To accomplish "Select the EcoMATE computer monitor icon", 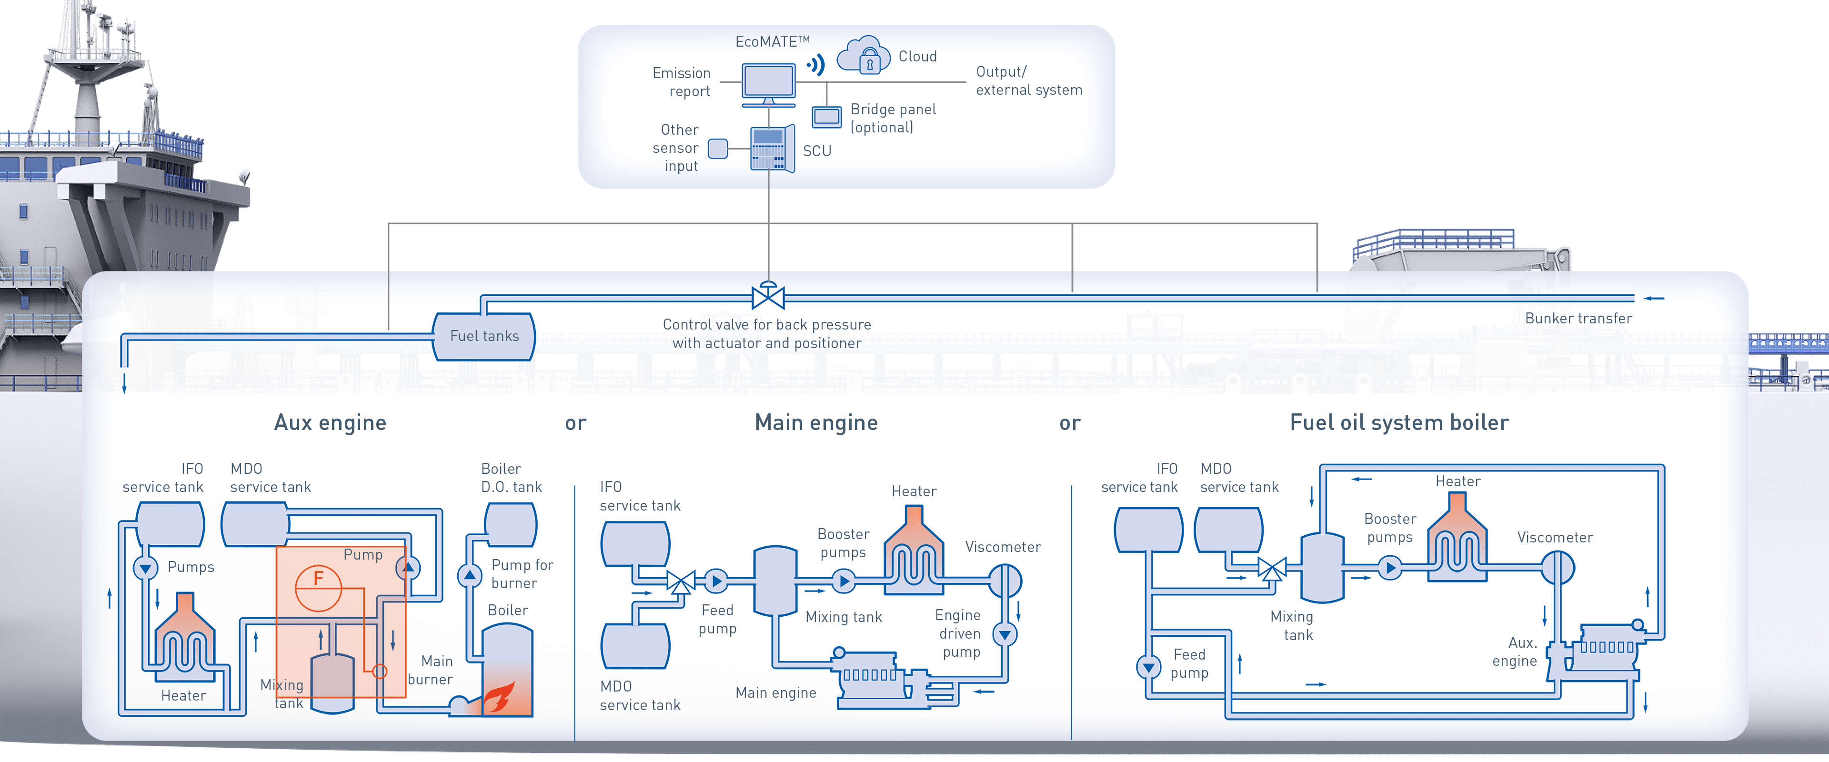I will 768,83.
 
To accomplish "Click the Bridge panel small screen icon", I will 826,117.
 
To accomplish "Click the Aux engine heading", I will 330,422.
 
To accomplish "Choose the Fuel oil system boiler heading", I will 1399,422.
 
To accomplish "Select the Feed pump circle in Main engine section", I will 716,582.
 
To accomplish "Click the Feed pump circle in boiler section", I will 1148,667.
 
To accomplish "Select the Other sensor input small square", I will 718,149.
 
